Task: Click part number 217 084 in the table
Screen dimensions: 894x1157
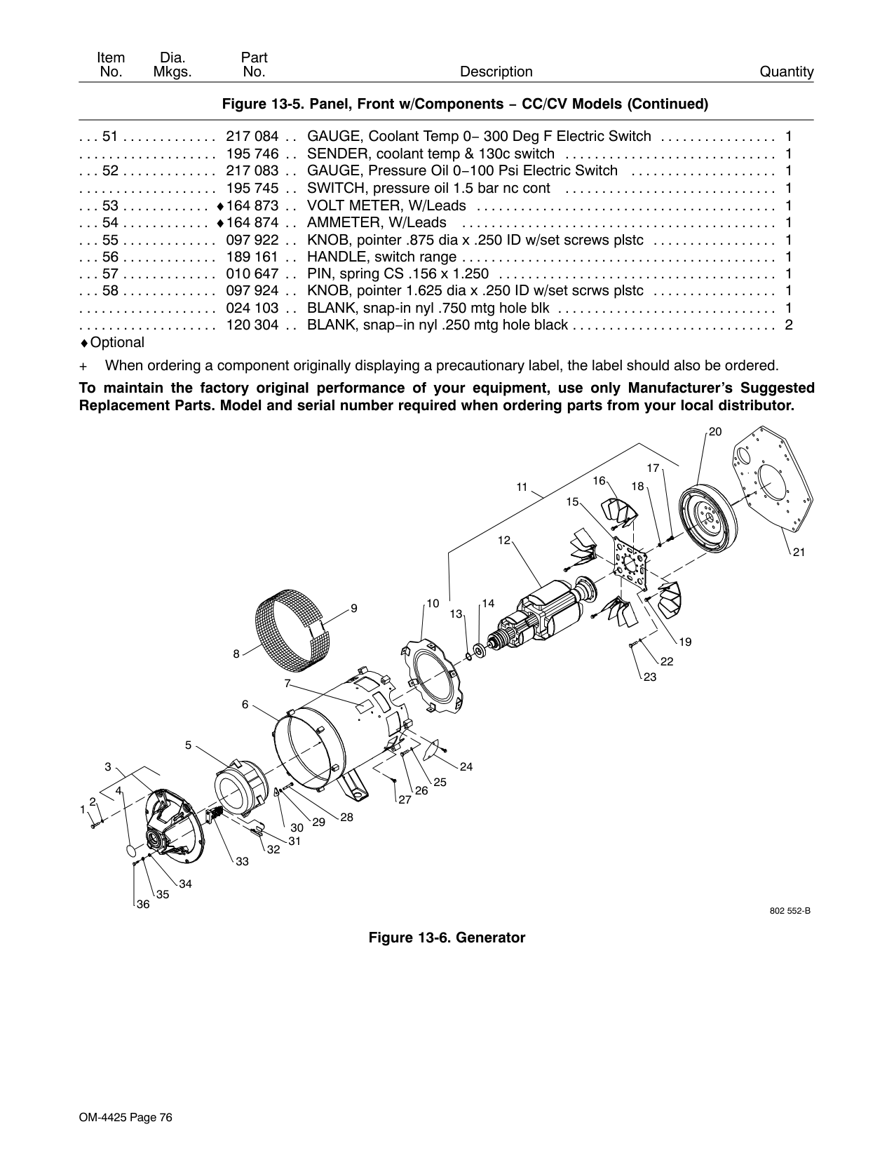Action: [x=252, y=136]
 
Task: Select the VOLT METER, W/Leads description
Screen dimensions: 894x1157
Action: [x=386, y=205]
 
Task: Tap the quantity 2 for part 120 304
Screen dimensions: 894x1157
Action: [x=789, y=325]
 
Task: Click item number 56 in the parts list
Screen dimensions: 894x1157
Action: [x=110, y=257]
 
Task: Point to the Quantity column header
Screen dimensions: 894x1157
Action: [x=787, y=72]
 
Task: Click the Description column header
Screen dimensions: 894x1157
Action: [x=496, y=72]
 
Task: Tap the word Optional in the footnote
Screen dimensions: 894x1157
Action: [x=117, y=342]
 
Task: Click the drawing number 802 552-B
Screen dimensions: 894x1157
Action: [x=790, y=910]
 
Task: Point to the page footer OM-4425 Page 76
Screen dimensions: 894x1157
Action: [x=126, y=1118]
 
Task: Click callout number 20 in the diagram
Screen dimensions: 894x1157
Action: [x=715, y=432]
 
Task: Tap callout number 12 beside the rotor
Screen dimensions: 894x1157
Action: [x=503, y=541]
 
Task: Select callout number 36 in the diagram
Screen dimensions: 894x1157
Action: [x=143, y=904]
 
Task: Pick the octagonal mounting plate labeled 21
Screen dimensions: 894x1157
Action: [x=773, y=478]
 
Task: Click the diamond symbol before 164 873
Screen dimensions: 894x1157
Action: [x=220, y=206]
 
